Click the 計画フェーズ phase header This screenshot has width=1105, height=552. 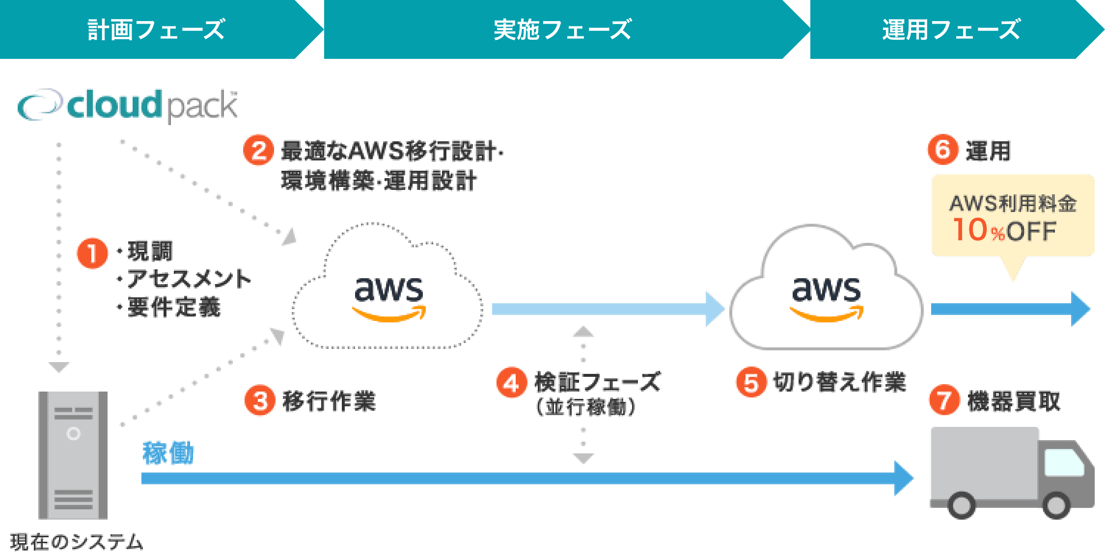coord(156,29)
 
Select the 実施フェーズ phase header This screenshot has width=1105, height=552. coord(562,29)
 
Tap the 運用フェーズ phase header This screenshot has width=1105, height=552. coord(951,29)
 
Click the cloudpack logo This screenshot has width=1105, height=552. coord(128,105)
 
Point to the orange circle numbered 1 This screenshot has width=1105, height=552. coord(92,253)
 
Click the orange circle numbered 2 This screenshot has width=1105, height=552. coord(258,150)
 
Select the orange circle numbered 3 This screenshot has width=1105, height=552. coord(260,400)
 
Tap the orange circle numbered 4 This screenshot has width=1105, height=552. coord(511,383)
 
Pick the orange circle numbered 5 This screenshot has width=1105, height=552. coord(751,383)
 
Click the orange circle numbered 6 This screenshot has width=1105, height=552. coord(942,149)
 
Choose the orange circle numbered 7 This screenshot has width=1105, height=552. coord(944,400)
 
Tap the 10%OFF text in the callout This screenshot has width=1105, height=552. coord(1004,230)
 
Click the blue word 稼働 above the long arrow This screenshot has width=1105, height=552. coord(168,453)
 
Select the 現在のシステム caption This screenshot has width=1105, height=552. coord(76,542)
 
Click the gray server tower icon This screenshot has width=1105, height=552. coord(73,455)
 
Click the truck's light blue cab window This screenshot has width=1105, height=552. coord(1063,463)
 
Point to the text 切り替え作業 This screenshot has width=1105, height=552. coord(839,382)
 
